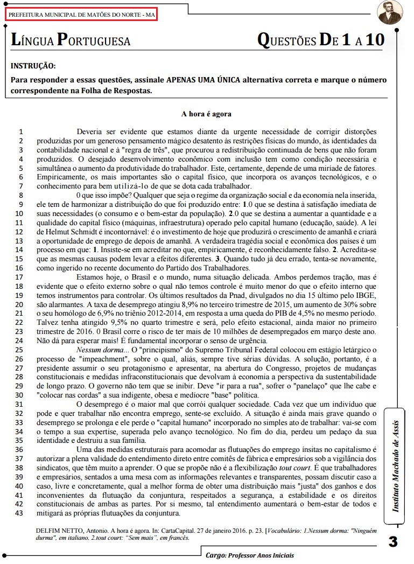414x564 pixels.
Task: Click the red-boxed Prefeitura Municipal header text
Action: point(81,15)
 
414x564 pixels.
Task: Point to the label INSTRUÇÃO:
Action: point(33,66)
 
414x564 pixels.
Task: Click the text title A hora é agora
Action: point(206,114)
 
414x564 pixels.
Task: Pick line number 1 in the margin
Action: point(21,131)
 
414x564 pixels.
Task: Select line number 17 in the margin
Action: point(21,277)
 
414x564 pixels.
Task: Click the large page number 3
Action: point(392,541)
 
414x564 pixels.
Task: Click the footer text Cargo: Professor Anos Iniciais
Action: point(250,555)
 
